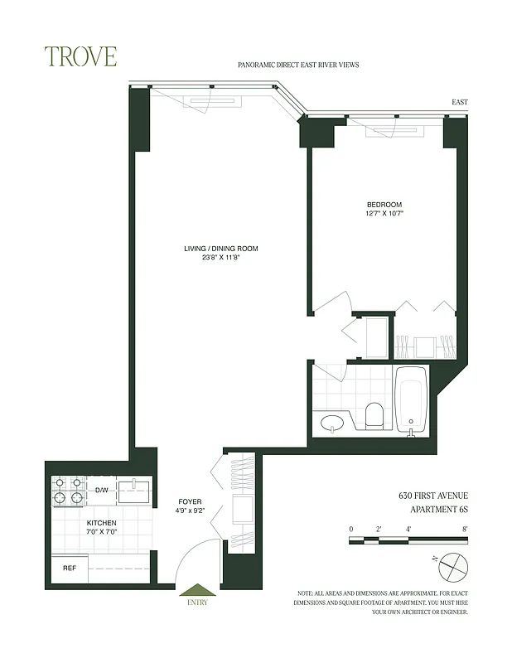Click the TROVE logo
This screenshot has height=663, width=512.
click(x=81, y=56)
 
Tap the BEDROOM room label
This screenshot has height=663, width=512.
click(x=384, y=205)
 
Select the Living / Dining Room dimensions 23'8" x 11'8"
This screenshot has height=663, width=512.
click(x=221, y=258)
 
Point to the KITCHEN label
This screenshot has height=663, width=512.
click(x=102, y=523)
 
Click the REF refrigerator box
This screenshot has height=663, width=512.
click(x=70, y=569)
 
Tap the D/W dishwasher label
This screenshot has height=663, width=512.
click(x=102, y=491)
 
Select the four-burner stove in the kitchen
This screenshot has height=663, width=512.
click(x=69, y=491)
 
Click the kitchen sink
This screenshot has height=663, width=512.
click(x=133, y=491)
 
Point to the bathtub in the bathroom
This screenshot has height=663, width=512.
click(x=410, y=400)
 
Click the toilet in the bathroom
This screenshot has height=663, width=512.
click(x=374, y=415)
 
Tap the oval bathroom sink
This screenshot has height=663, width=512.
click(x=331, y=423)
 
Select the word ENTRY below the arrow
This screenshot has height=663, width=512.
click(x=196, y=603)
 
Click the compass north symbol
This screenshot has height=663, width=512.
click(x=452, y=566)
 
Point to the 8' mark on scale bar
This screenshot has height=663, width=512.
click(x=466, y=528)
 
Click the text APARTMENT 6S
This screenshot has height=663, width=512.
click(x=434, y=511)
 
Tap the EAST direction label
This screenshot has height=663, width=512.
click(x=459, y=102)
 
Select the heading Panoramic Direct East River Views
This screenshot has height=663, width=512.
click(x=297, y=64)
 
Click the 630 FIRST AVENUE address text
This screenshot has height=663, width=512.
click(x=433, y=496)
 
